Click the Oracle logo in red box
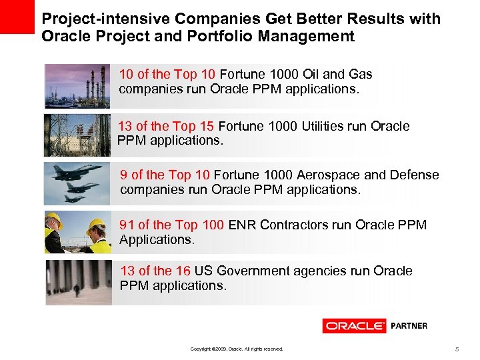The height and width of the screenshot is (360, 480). tap(355, 326)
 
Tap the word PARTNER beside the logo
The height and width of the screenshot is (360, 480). tap(408, 326)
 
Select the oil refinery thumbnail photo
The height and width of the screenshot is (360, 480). tap(77, 86)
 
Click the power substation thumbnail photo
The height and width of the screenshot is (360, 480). tap(77, 135)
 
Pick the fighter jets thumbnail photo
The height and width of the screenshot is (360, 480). tap(77, 183)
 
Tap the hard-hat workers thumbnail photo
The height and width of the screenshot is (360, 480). tap(77, 232)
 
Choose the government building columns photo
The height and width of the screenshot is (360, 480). tap(77, 282)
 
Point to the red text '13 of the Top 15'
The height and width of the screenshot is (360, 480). tap(166, 126)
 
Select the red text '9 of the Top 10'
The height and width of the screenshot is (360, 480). tap(165, 175)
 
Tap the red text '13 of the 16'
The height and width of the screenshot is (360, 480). tap(156, 271)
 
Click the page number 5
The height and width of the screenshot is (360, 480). tap(457, 349)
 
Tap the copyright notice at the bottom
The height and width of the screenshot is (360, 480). tap(237, 349)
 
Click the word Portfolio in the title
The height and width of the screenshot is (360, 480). tap(217, 37)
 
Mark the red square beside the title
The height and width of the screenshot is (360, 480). tap(17, 17)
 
